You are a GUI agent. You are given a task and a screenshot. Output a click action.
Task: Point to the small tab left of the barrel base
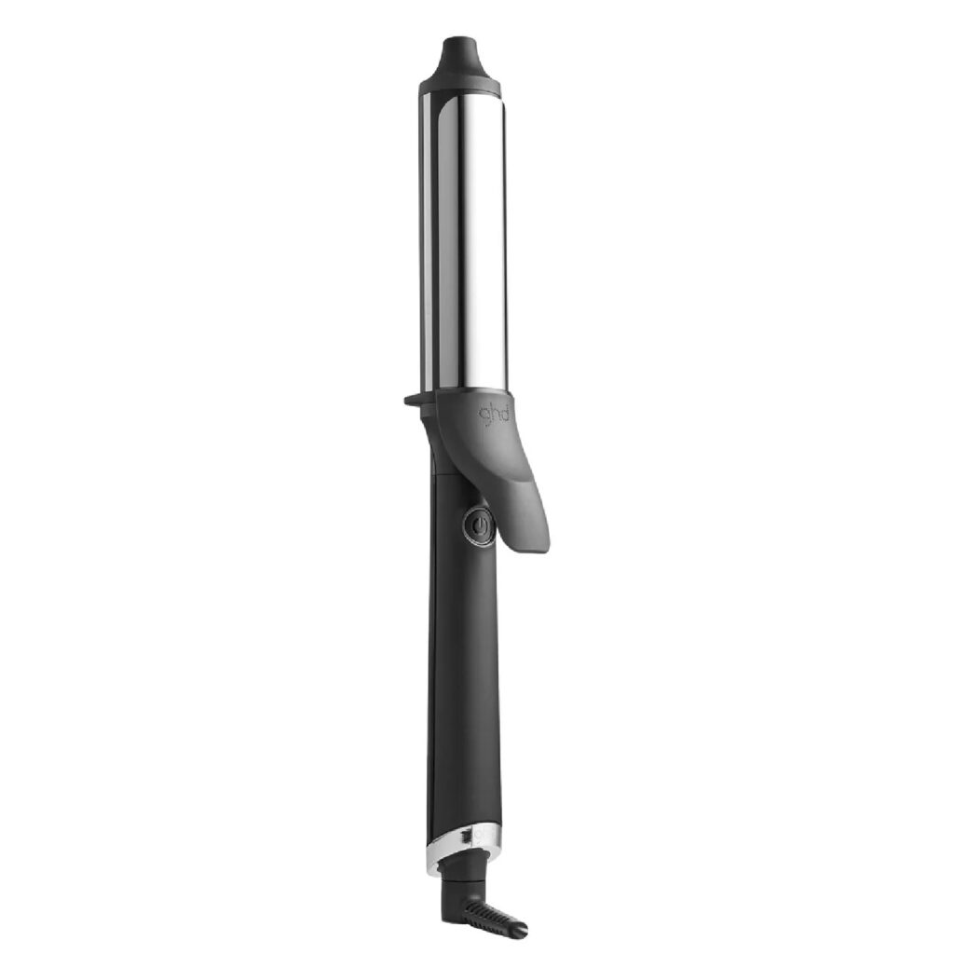point(412,400)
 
